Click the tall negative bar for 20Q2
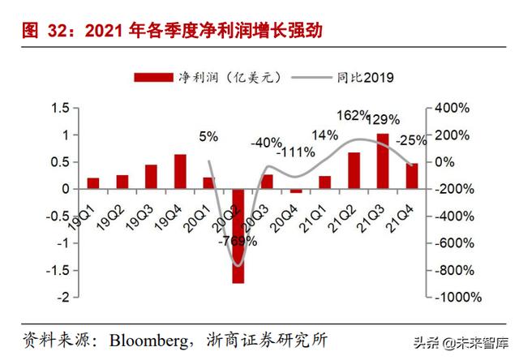click(238, 236)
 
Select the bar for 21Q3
click(383, 161)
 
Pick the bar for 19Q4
click(180, 172)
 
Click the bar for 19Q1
click(93, 183)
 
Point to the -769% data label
click(238, 241)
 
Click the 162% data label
click(351, 116)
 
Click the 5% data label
click(208, 137)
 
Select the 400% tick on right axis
click(453, 108)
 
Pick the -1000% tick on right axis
click(455, 298)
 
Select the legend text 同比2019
click(365, 78)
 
